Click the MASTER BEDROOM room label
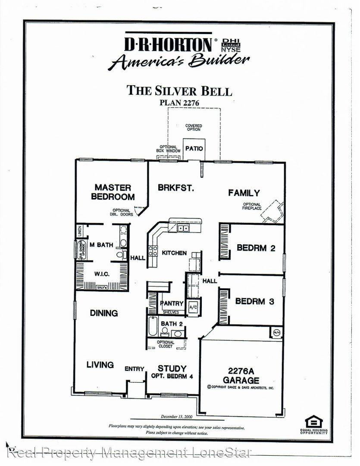click(x=113, y=192)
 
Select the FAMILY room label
click(x=244, y=193)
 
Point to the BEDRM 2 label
click(x=256, y=248)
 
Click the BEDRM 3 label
click(x=254, y=301)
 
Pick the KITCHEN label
click(x=174, y=253)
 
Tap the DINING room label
click(x=104, y=313)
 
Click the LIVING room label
click(x=100, y=365)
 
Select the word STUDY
click(x=172, y=368)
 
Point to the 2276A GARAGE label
click(x=241, y=375)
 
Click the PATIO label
click(x=194, y=148)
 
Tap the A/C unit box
click(x=192, y=307)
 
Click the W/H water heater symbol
click(x=276, y=332)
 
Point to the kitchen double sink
click(x=183, y=228)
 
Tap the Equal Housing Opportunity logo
click(x=313, y=422)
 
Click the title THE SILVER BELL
click(x=179, y=91)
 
